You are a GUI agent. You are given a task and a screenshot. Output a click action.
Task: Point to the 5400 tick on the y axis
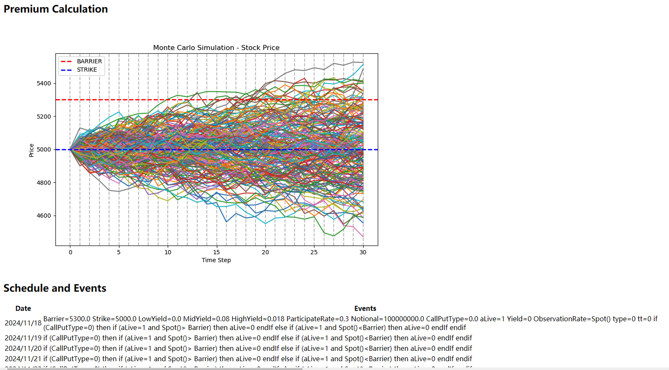[x=44, y=83]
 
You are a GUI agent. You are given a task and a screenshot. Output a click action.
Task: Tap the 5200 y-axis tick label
[x=44, y=116]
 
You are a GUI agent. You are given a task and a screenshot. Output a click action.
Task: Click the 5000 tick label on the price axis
[x=44, y=149]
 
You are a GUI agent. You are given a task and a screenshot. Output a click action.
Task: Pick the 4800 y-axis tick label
[x=44, y=183]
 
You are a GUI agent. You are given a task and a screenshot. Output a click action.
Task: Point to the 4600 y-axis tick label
[x=44, y=216]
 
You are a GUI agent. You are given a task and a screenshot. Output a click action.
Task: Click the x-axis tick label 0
[x=70, y=252]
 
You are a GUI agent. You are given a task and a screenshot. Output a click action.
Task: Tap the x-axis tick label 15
[x=216, y=252]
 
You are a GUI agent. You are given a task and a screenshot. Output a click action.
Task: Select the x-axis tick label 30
[x=363, y=252]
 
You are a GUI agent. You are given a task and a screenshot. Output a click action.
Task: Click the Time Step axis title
[x=216, y=260]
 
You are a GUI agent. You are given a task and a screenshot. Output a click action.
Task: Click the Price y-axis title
[x=31, y=150]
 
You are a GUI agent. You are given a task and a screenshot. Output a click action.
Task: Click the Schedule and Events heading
[x=55, y=288]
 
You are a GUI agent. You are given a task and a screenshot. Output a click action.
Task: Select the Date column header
[x=23, y=308]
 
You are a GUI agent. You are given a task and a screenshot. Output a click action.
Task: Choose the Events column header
[x=365, y=308]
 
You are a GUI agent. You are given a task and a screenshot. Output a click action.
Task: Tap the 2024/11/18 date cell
[x=23, y=323]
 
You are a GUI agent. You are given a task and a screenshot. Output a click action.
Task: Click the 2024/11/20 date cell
[x=23, y=348]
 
